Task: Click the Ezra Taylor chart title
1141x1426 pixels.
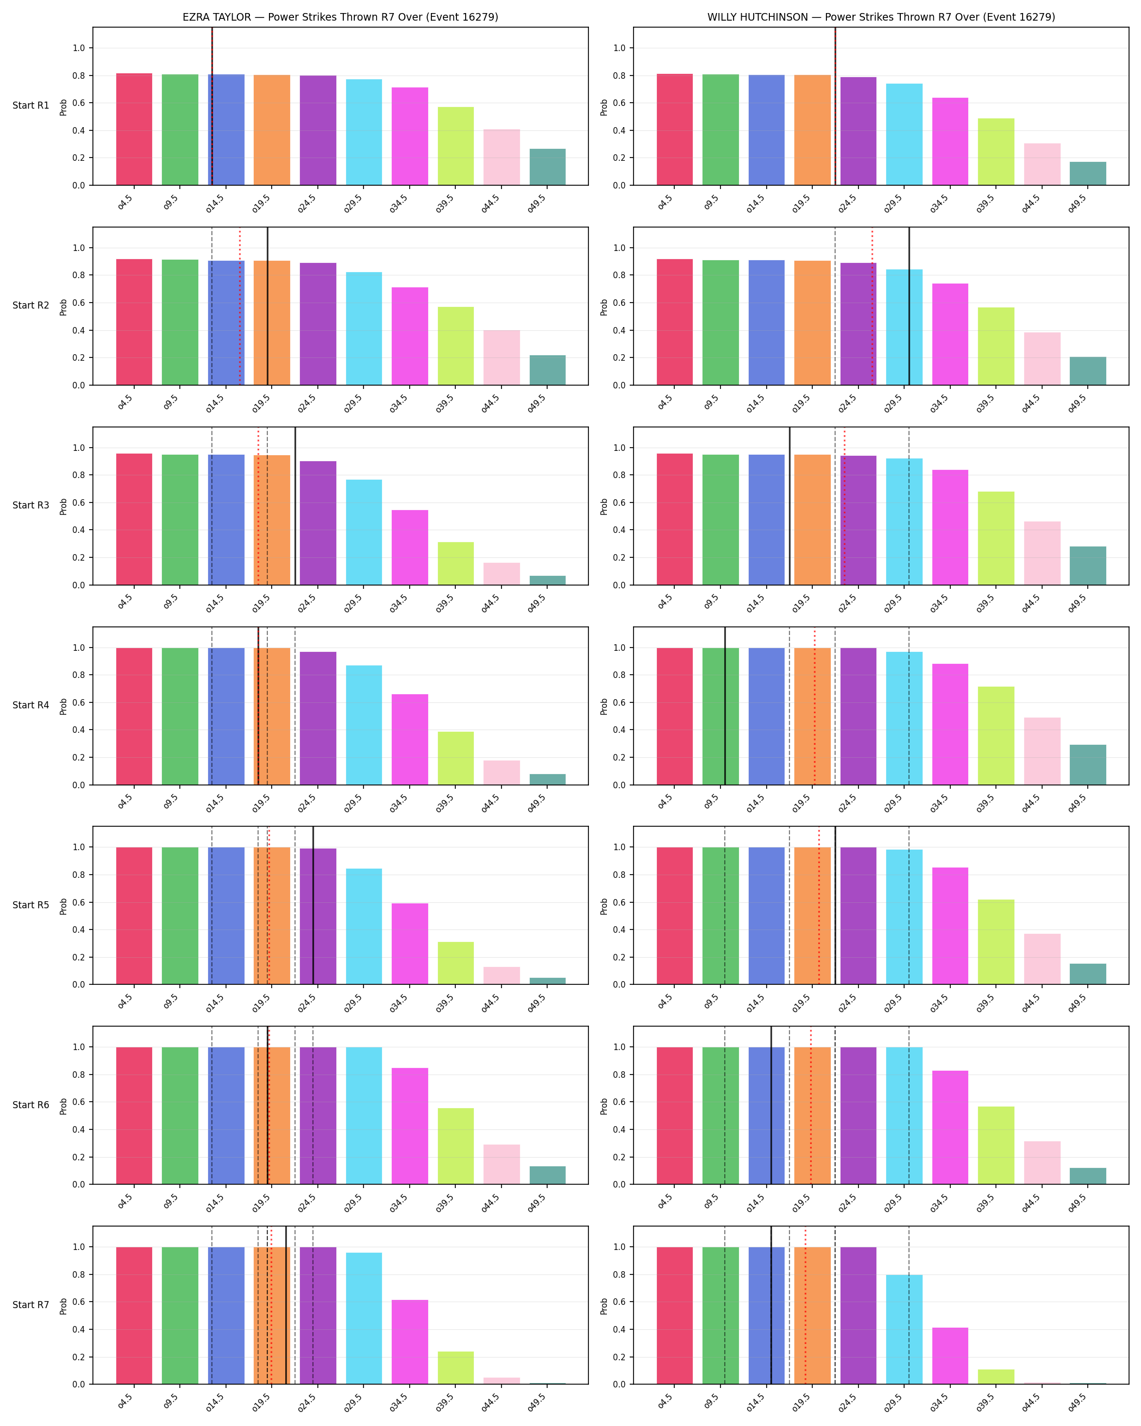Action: [x=340, y=17]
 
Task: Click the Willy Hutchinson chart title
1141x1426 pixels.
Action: [x=881, y=17]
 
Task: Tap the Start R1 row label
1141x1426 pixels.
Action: [x=30, y=106]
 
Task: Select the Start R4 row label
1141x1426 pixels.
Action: [x=30, y=705]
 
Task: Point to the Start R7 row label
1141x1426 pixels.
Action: [x=30, y=1304]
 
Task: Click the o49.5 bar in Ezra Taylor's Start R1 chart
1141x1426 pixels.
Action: [x=547, y=167]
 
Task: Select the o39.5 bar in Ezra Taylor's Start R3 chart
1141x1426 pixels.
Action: [x=455, y=563]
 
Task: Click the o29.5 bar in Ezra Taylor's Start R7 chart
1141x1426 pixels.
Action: [x=364, y=1318]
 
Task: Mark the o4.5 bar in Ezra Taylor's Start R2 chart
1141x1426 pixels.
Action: [x=134, y=322]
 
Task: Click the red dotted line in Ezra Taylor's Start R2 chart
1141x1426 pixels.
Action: [x=240, y=306]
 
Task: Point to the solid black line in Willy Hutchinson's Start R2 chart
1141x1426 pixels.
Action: [x=909, y=306]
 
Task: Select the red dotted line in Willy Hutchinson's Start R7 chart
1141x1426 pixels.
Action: [x=805, y=1305]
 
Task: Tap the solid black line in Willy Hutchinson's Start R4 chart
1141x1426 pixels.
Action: [x=725, y=706]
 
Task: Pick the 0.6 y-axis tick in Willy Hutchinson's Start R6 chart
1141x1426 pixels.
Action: [x=620, y=1102]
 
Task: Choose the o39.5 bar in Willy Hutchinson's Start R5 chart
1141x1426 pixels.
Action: [x=996, y=942]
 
